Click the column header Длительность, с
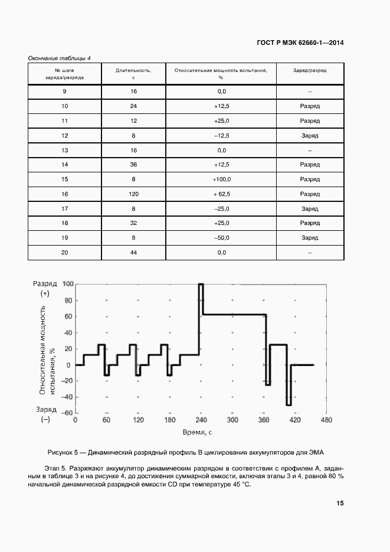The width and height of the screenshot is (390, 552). [134, 74]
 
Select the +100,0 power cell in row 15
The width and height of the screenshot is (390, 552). [221, 179]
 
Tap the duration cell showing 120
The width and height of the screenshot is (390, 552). [134, 194]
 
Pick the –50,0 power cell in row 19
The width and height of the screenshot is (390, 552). [221, 238]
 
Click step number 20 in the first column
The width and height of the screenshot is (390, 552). [64, 253]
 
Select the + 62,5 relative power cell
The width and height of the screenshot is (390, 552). [221, 194]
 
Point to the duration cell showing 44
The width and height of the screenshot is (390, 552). [134, 253]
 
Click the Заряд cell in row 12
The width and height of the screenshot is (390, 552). [310, 136]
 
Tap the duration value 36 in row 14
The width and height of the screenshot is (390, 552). [134, 165]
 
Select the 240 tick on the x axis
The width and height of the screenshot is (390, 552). [201, 420]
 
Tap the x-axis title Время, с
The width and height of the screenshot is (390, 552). [197, 433]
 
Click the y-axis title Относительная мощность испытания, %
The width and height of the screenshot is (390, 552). [47, 351]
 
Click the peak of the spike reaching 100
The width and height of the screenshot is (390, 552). [201, 285]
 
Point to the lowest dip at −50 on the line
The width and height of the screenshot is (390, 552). [289, 405]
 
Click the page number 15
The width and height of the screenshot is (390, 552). [340, 504]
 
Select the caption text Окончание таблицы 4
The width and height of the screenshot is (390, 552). [60, 58]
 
